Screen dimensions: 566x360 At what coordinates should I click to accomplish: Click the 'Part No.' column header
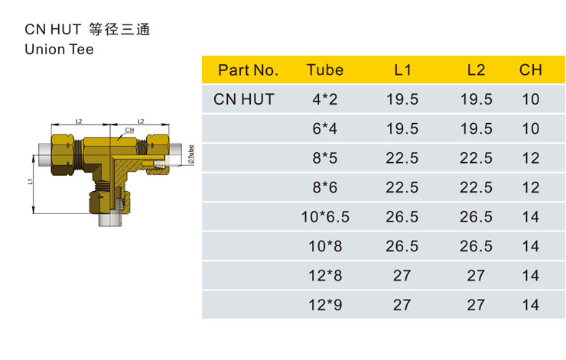pyautogui.click(x=248, y=70)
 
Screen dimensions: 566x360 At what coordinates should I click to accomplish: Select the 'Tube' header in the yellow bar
pyautogui.click(x=325, y=70)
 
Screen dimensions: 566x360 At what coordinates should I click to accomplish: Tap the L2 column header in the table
pyautogui.click(x=476, y=70)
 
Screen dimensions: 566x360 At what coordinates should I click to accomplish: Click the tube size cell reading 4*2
pyautogui.click(x=325, y=99)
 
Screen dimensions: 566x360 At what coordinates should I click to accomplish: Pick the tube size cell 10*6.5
pyautogui.click(x=325, y=217)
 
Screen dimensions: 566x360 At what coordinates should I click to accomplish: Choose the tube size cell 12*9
pyautogui.click(x=325, y=305)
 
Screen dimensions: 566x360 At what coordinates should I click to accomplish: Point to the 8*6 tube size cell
pyautogui.click(x=325, y=187)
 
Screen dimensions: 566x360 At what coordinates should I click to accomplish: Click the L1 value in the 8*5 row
pyautogui.click(x=402, y=158)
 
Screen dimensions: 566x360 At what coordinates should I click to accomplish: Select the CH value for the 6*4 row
pyautogui.click(x=531, y=128)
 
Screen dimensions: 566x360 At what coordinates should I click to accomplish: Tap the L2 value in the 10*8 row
pyautogui.click(x=476, y=246)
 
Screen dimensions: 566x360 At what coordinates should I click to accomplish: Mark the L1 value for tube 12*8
pyautogui.click(x=402, y=276)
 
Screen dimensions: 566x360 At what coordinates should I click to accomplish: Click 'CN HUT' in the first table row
pyautogui.click(x=244, y=99)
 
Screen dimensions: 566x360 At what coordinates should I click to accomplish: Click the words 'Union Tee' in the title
pyautogui.click(x=59, y=50)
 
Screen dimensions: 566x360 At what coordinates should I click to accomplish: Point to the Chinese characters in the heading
pyautogui.click(x=119, y=29)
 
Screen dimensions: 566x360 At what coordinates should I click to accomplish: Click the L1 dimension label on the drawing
pyautogui.click(x=31, y=181)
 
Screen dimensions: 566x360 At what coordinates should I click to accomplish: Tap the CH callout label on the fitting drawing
pyautogui.click(x=129, y=130)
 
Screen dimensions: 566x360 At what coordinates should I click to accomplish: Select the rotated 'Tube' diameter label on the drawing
pyautogui.click(x=190, y=155)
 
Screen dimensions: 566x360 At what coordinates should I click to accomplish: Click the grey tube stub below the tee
pyautogui.click(x=110, y=219)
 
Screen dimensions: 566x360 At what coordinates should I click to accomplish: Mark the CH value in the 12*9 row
pyautogui.click(x=531, y=305)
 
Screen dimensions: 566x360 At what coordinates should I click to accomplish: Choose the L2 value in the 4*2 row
pyautogui.click(x=476, y=99)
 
